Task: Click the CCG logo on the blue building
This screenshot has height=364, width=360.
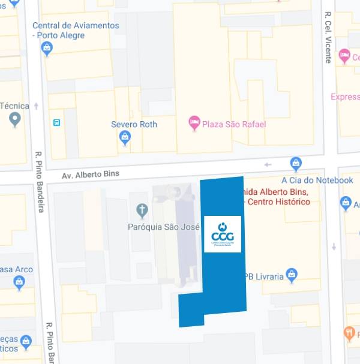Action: pyautogui.click(x=223, y=234)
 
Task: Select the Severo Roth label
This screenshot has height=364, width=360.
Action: pyautogui.click(x=134, y=124)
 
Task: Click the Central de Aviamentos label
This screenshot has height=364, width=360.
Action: pyautogui.click(x=76, y=31)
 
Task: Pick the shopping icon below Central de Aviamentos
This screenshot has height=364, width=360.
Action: pyautogui.click(x=47, y=49)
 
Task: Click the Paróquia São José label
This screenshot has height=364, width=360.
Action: pyautogui.click(x=164, y=227)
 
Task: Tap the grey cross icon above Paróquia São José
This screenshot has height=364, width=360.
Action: pyautogui.click(x=142, y=210)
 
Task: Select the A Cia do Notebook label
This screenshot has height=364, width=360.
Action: pyautogui.click(x=317, y=180)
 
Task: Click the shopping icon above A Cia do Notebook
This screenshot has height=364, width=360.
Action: pyautogui.click(x=296, y=163)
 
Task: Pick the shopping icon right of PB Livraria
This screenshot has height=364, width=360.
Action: pyautogui.click(x=292, y=275)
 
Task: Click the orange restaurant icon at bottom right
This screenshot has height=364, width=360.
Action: pyautogui.click(x=350, y=333)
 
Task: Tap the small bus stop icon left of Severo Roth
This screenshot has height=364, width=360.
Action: pyautogui.click(x=56, y=123)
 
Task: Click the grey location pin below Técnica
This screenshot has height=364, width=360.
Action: pyautogui.click(x=15, y=119)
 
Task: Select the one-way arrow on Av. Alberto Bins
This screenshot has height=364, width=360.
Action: pyautogui.click(x=268, y=164)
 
